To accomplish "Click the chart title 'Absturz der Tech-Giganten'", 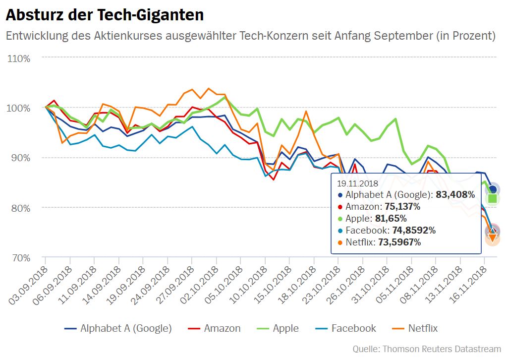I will [x=105, y=15].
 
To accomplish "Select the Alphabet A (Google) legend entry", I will [x=119, y=328].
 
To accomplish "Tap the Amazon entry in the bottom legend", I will [x=216, y=328].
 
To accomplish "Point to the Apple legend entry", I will [x=279, y=328].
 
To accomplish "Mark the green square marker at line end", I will [x=493, y=198].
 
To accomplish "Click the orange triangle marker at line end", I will [x=493, y=238].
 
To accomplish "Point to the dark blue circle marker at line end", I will [x=493, y=189].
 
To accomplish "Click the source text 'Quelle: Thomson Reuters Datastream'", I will [x=427, y=349].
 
